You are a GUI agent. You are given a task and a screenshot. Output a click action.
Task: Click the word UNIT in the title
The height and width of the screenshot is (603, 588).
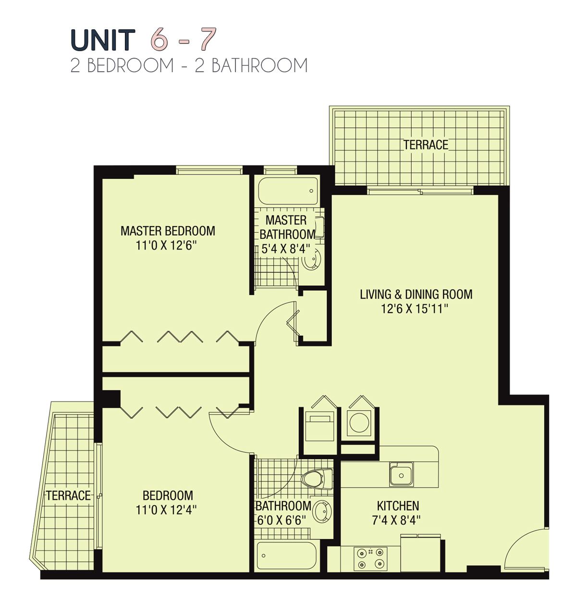pyautogui.click(x=102, y=40)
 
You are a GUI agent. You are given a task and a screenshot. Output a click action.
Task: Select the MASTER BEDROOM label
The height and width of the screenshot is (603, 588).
pyautogui.click(x=168, y=231)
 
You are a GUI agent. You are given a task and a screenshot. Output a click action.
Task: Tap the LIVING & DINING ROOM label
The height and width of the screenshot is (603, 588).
pyautogui.click(x=416, y=294)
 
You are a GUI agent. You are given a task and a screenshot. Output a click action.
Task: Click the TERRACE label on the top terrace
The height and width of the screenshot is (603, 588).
pyautogui.click(x=426, y=144)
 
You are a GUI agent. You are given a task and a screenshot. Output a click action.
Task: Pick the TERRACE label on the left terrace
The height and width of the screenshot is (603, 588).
pyautogui.click(x=68, y=495)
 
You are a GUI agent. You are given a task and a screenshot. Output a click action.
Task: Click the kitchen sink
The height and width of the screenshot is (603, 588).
pyautogui.click(x=401, y=474)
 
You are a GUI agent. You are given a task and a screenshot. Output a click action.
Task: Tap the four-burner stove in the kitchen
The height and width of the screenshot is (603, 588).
pyautogui.click(x=370, y=558)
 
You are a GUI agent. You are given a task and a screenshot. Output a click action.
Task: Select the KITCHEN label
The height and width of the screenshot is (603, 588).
pyautogui.click(x=398, y=506)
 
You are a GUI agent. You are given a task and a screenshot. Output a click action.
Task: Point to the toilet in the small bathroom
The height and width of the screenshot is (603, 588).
pyautogui.click(x=317, y=478)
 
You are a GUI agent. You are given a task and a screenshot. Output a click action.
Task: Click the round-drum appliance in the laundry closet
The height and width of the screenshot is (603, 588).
pyautogui.click(x=359, y=423)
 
